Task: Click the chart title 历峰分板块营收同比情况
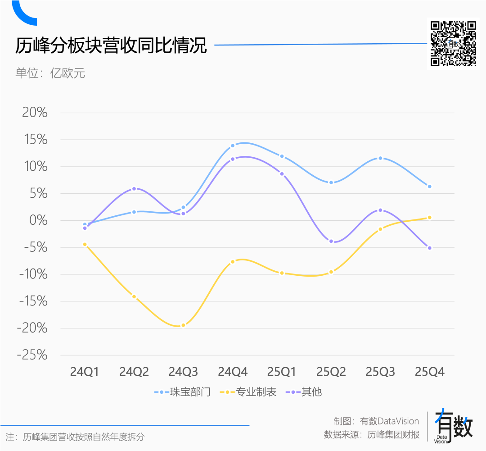pyautogui.click(x=111, y=46)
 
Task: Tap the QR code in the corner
pyautogui.click(x=453, y=43)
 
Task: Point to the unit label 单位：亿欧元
pyautogui.click(x=50, y=73)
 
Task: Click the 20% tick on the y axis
pyautogui.click(x=35, y=113)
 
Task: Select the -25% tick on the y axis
pyautogui.click(x=32, y=355)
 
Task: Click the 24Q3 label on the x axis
pyautogui.click(x=183, y=372)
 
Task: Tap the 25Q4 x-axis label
pyautogui.click(x=429, y=372)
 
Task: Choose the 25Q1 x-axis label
pyautogui.click(x=282, y=372)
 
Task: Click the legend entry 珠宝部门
pyautogui.click(x=182, y=392)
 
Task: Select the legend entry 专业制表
pyautogui.click(x=248, y=392)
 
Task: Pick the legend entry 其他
pyautogui.click(x=304, y=392)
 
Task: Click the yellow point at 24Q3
pyautogui.click(x=183, y=325)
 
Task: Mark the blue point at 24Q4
pyautogui.click(x=233, y=146)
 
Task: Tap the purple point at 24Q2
pyautogui.click(x=134, y=189)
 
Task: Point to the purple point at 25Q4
pyautogui.click(x=429, y=248)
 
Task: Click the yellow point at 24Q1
pyautogui.click(x=85, y=244)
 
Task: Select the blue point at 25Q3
pyautogui.click(x=380, y=158)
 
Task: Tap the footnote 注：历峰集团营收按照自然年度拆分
pyautogui.click(x=75, y=437)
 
